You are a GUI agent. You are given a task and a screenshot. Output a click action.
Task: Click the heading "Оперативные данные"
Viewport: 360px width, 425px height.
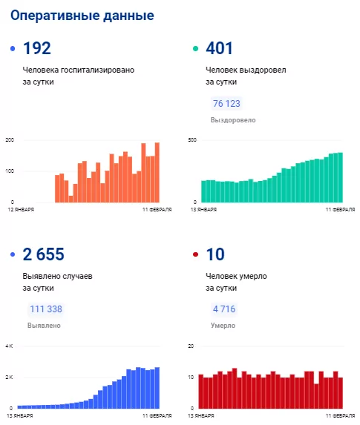(82, 16)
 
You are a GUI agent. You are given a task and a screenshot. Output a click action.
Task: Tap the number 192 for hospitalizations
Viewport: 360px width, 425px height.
(37, 48)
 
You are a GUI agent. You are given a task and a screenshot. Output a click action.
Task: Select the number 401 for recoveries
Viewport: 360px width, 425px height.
(219, 48)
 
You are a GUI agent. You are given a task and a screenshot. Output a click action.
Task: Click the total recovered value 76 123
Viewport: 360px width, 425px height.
(226, 104)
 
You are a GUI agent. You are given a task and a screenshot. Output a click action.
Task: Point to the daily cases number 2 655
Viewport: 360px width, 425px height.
(43, 254)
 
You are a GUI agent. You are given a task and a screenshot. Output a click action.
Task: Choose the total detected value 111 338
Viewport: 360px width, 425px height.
(46, 309)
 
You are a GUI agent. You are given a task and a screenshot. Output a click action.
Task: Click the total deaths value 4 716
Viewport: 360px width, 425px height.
(224, 309)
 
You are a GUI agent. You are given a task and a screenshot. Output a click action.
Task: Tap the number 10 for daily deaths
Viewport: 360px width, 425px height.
(215, 254)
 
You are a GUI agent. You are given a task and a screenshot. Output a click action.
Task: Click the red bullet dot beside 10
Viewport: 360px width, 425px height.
(195, 254)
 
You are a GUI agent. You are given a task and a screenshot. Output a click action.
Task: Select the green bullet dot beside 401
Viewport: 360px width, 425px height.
(195, 49)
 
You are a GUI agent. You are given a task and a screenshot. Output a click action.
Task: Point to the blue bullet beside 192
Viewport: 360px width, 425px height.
(13, 49)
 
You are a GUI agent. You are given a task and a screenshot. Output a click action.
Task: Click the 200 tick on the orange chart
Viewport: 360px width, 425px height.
(10, 140)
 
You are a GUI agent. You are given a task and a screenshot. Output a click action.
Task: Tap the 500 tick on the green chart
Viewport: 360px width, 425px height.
(192, 140)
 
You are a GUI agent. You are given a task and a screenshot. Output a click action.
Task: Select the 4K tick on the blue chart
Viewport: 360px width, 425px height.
(9, 346)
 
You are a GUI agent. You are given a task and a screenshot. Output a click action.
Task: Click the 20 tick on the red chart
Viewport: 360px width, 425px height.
(191, 346)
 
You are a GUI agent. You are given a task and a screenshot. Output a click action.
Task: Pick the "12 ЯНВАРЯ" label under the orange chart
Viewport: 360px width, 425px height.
(21, 209)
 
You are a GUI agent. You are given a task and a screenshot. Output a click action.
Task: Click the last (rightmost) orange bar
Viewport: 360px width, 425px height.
(157, 172)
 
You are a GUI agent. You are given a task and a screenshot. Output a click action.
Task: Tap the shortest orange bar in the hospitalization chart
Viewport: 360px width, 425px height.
(71, 199)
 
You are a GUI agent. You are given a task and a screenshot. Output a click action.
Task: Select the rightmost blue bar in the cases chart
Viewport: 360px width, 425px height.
(157, 388)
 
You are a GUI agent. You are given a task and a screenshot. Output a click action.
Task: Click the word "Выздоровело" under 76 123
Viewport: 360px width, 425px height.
(233, 120)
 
